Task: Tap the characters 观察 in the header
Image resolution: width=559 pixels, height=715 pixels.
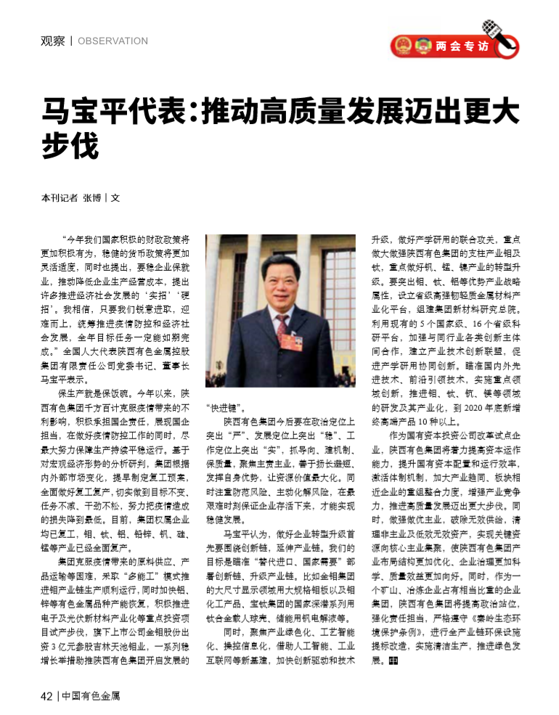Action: (52, 41)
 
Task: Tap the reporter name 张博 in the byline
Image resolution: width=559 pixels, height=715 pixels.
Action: (92, 197)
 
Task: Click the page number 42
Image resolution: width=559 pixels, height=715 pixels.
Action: (46, 696)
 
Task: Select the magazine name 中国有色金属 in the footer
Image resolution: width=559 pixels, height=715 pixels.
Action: (91, 696)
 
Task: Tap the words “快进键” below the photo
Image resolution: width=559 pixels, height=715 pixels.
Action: (227, 407)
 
